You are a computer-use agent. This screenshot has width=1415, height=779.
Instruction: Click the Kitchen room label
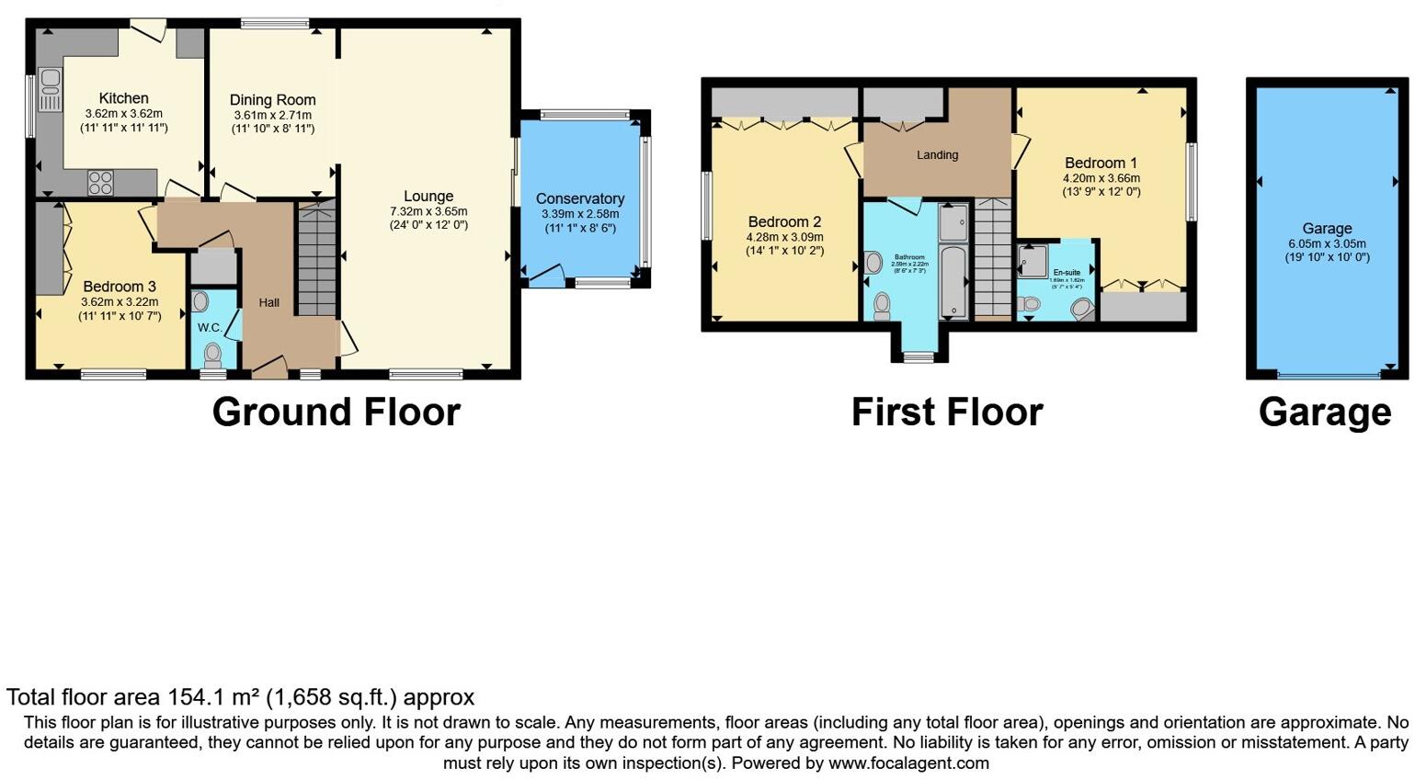(123, 98)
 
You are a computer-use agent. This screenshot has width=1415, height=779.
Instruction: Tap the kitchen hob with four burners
(100, 183)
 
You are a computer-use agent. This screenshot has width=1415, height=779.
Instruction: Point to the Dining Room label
(272, 100)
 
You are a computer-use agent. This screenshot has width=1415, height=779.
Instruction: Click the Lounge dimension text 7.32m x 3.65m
(428, 211)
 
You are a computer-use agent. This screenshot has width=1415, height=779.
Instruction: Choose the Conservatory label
(579, 198)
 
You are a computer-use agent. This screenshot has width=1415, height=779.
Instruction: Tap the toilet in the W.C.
(213, 353)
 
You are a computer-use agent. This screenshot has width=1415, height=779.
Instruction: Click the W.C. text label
(210, 327)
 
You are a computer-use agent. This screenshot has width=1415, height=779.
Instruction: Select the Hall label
(268, 302)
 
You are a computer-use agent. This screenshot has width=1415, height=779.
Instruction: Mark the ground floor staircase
(316, 261)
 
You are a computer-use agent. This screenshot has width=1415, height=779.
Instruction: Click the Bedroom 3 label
(120, 287)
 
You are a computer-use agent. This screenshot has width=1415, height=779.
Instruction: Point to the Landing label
(937, 155)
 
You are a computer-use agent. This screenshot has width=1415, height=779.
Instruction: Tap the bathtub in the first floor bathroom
(953, 281)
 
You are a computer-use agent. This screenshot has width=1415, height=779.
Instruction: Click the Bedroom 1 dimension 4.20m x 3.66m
(1101, 178)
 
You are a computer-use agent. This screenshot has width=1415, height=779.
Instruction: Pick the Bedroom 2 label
(784, 221)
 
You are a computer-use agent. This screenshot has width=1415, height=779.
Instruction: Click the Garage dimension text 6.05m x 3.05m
(1327, 243)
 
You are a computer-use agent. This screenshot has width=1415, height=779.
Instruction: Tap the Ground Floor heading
(336, 412)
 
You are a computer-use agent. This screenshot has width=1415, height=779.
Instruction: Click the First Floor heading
(946, 412)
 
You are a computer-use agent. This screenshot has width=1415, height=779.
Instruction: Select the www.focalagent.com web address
(908, 763)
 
